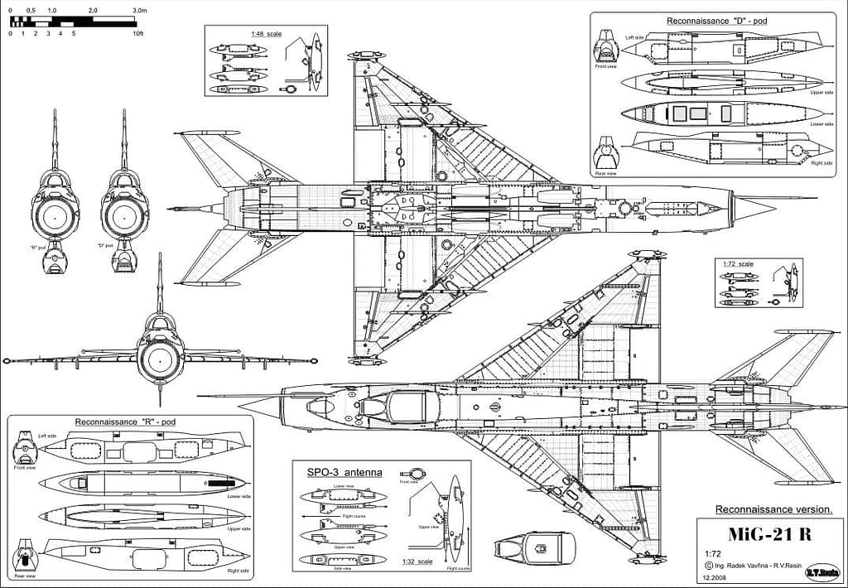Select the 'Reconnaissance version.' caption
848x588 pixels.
point(769,508)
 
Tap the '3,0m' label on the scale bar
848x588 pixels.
point(138,10)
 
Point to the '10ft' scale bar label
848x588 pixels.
point(137,34)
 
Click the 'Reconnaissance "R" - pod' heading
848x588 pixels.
point(125,422)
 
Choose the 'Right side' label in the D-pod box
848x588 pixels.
point(821,163)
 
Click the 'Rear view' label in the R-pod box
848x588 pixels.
point(25,576)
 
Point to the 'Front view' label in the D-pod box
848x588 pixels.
point(605,66)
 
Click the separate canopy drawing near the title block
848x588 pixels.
point(535,547)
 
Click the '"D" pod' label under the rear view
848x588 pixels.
point(105,246)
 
